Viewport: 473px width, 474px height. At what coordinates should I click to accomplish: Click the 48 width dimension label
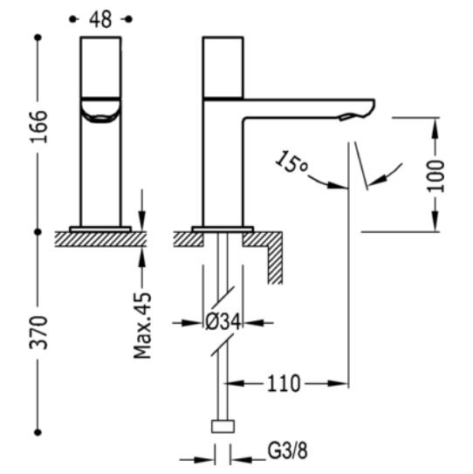[x=100, y=19]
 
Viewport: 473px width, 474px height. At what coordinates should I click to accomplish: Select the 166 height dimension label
[x=38, y=127]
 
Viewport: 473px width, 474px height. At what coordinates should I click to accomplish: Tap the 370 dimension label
[x=38, y=333]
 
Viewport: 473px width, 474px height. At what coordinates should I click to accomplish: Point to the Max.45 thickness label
[x=142, y=326]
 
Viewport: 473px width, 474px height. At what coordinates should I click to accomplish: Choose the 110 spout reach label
[x=284, y=383]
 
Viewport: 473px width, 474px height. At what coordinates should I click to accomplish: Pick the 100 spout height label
[x=435, y=176]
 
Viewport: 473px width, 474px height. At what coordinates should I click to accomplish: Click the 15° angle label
[x=291, y=162]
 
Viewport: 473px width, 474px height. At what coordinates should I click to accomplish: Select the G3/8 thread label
[x=287, y=451]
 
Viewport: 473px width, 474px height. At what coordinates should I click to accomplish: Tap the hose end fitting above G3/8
[x=223, y=426]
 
